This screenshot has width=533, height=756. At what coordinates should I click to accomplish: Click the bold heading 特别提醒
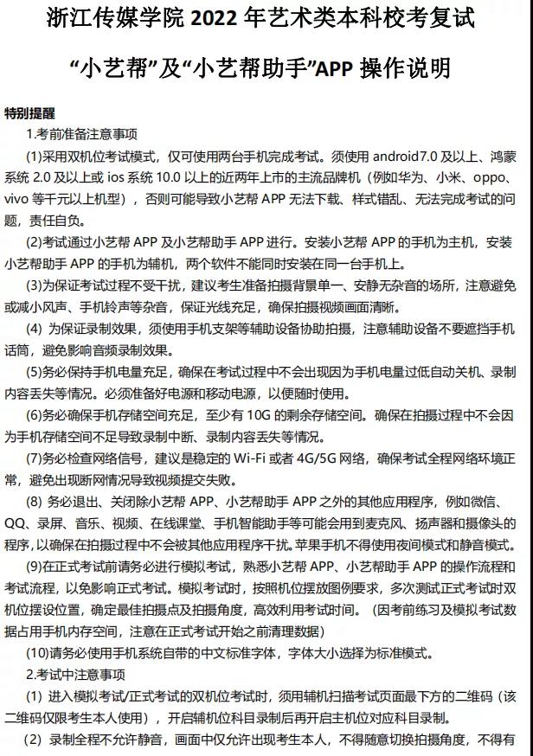click(x=29, y=113)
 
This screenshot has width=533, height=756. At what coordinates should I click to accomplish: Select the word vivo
click(x=19, y=200)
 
